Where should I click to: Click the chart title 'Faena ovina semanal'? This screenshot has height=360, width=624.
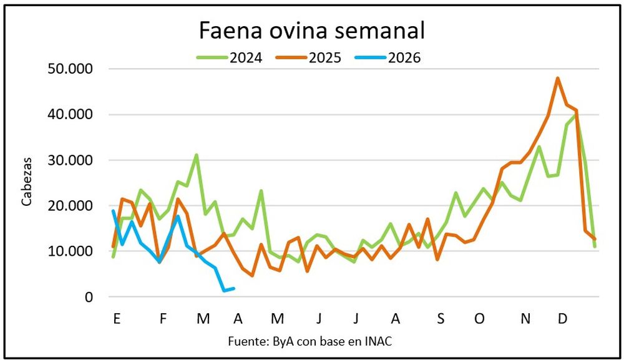coord(311,29)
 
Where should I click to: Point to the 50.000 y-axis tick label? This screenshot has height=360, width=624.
coord(70,69)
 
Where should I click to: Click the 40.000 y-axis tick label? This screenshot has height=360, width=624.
coord(70,115)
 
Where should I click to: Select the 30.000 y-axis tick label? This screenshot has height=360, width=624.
coord(70,160)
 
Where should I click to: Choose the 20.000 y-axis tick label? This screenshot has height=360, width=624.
coord(70,206)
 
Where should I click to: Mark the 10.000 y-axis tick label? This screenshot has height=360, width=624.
coord(70,251)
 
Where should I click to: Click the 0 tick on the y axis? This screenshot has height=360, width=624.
coord(89,297)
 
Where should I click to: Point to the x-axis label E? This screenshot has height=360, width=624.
coord(117,319)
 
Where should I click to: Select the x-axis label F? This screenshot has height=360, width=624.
coord(163,319)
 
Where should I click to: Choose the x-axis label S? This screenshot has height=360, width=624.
coord(441,319)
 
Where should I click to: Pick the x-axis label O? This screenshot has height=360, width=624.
coord(479,319)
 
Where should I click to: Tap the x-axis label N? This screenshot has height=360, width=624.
coord(525,319)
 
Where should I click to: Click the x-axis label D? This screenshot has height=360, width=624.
coord(562,319)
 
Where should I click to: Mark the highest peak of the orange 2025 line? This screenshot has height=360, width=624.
coord(557,78)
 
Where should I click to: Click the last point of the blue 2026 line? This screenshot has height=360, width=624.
coord(233,288)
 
